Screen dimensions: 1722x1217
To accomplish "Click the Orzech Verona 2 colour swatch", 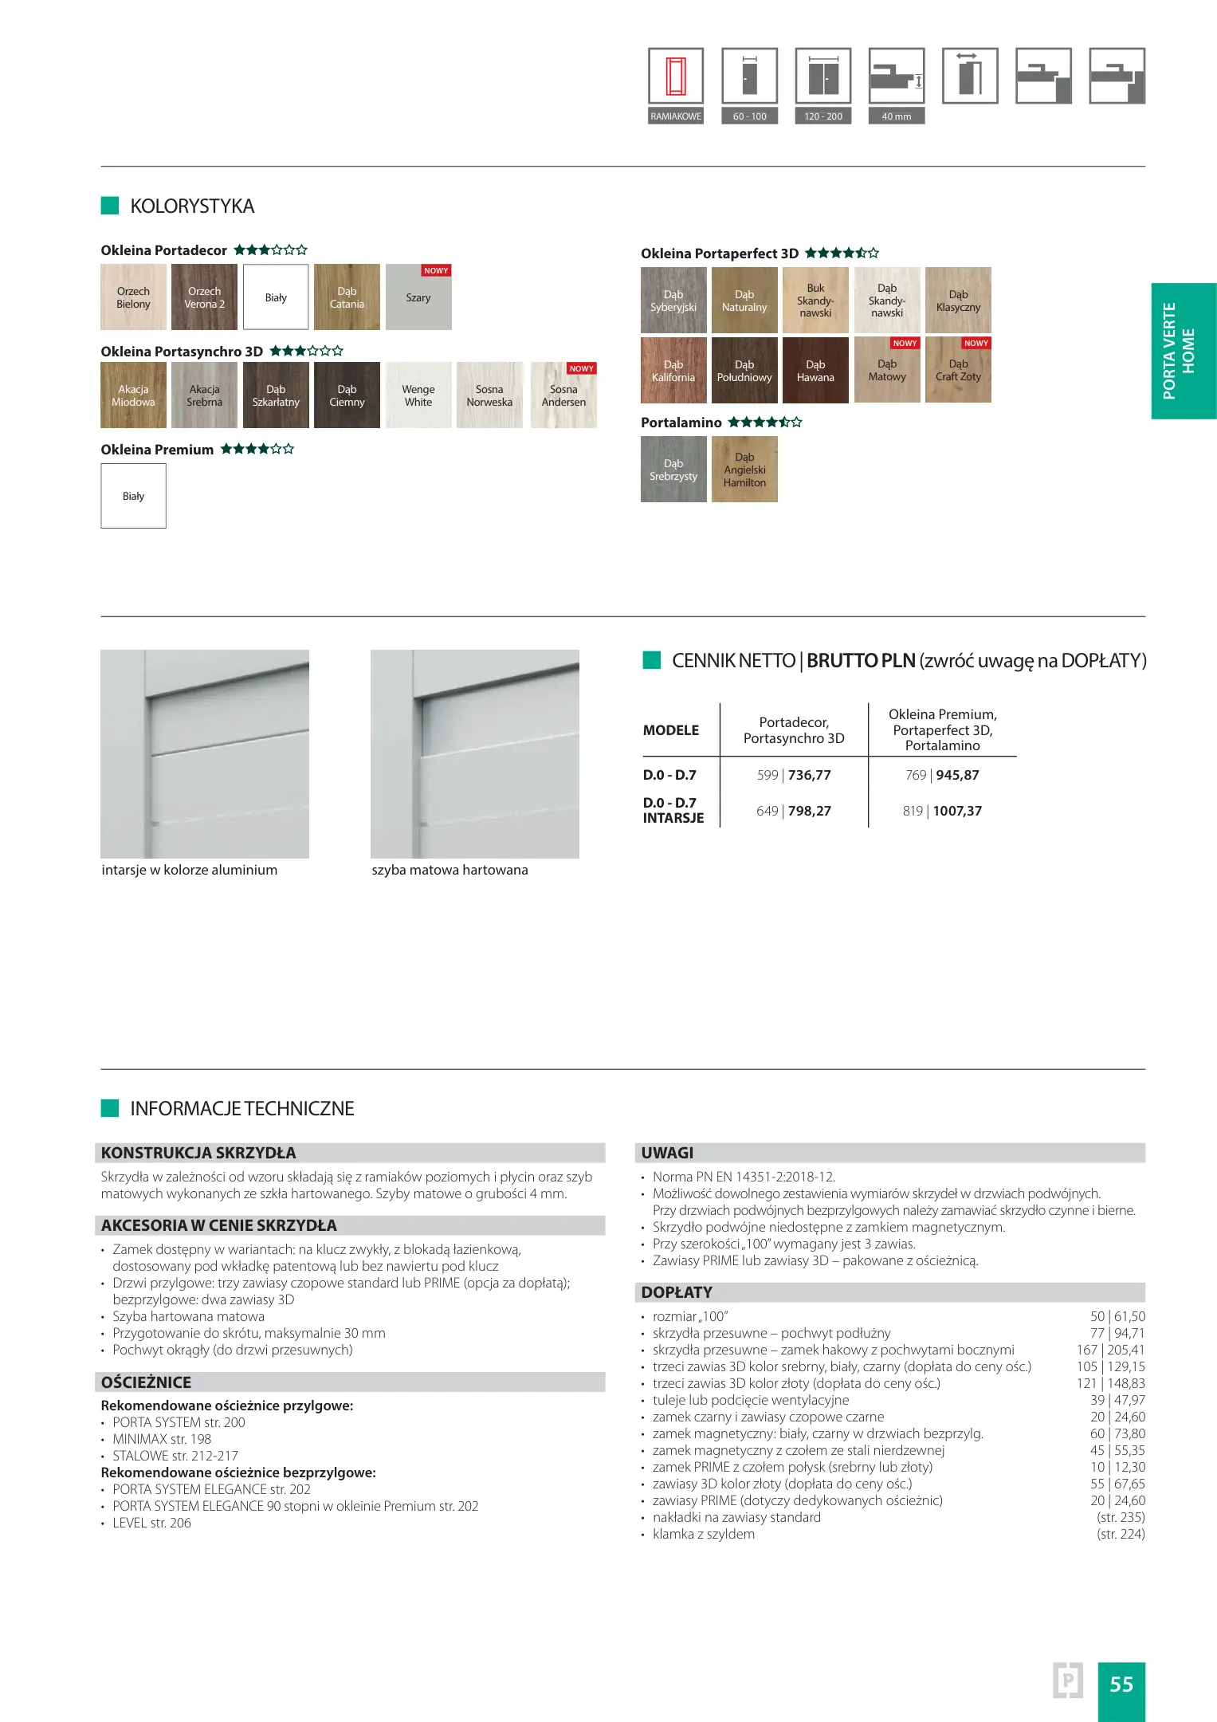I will (x=204, y=297).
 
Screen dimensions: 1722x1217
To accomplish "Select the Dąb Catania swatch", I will (x=347, y=297).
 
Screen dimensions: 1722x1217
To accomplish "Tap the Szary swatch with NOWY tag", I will (x=418, y=297).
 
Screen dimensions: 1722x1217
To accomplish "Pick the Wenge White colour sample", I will (x=418, y=395).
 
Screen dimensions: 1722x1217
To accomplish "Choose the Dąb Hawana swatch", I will (x=815, y=370).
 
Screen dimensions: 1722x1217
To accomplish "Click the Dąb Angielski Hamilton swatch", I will (x=744, y=470).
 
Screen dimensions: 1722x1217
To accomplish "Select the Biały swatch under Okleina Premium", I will (x=133, y=496).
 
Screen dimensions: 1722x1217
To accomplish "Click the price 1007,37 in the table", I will (x=957, y=811).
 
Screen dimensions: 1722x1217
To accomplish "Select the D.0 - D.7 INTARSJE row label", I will (x=673, y=810).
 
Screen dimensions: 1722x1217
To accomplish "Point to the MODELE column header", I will (x=671, y=730).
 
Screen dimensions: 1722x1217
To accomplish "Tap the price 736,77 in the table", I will (x=809, y=775).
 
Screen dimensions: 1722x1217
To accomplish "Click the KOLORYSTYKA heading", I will (x=192, y=206).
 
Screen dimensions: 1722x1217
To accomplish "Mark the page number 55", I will (x=1121, y=1685).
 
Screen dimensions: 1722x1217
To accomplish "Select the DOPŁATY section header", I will (x=677, y=1292).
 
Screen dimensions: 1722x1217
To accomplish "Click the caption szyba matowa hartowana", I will (x=450, y=870).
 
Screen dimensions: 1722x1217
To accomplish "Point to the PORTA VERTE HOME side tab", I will (x=1180, y=351).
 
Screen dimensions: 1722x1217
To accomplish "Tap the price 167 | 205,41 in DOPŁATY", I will (x=1110, y=1350).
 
